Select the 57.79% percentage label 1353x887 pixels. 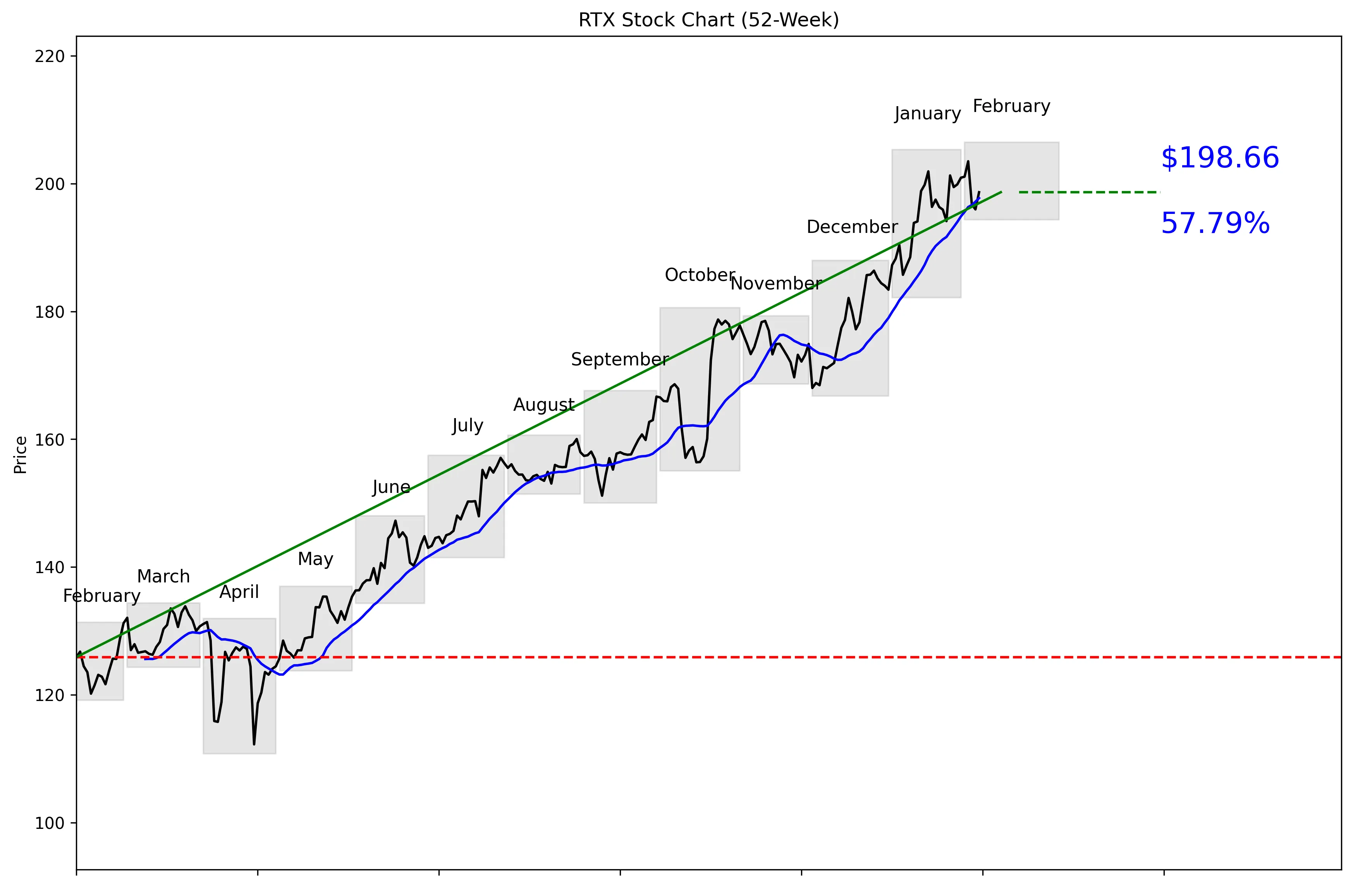click(1215, 224)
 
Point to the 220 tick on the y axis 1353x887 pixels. click(50, 56)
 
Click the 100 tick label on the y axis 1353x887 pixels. click(50, 823)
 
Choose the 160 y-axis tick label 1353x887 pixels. click(50, 439)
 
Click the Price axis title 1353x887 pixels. click(21, 455)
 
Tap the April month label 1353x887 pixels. click(239, 592)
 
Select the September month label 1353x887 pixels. click(619, 359)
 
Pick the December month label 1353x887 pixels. click(852, 227)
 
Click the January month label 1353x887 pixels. click(927, 114)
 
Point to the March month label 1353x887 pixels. click(163, 577)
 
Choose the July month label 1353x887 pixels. click(468, 425)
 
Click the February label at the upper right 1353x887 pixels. click(1011, 106)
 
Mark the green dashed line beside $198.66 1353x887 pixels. click(1089, 192)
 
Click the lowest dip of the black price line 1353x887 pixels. click(254, 744)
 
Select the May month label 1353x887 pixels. click(316, 560)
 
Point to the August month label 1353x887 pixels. click(544, 405)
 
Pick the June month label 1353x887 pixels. click(391, 487)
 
